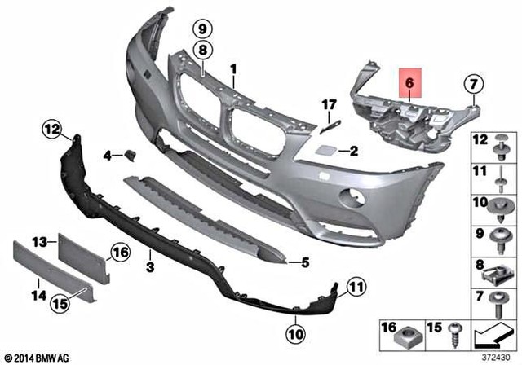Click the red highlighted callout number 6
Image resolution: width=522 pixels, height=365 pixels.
tap(410, 83)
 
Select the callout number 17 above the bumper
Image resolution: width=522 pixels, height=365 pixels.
tap(329, 104)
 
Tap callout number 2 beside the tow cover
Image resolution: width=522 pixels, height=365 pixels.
tap(330, 151)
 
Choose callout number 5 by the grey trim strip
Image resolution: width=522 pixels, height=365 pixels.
tap(304, 262)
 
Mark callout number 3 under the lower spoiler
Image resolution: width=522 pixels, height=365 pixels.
tap(150, 266)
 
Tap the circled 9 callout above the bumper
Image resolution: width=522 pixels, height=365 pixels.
tap(201, 29)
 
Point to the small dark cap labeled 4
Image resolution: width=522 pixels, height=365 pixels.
tap(129, 153)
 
